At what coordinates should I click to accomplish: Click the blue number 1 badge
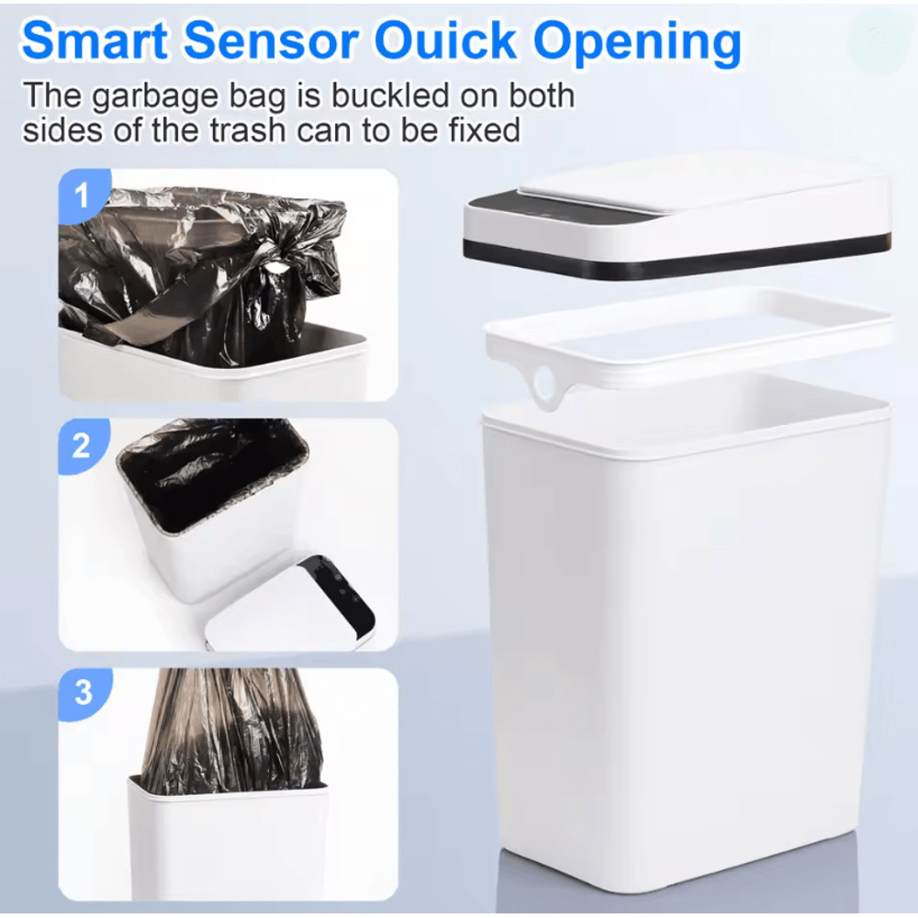pos(83,196)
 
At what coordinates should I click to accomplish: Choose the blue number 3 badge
pos(83,691)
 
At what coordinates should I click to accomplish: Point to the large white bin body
pos(684,643)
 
